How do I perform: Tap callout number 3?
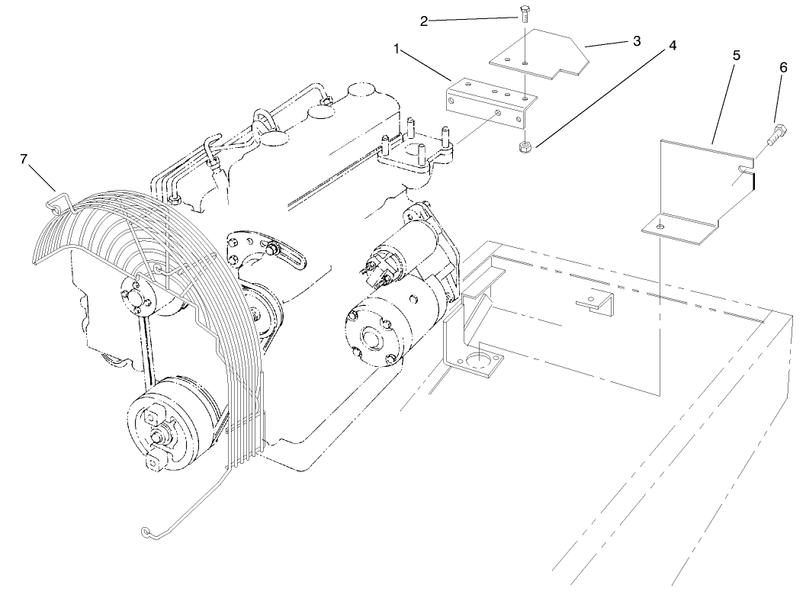coord(636,40)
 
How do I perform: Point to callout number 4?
coord(672,45)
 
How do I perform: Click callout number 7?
coord(24,159)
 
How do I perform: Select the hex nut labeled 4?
coord(523,146)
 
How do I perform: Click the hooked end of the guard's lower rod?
coord(147,532)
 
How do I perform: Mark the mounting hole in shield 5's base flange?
coord(660,226)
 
